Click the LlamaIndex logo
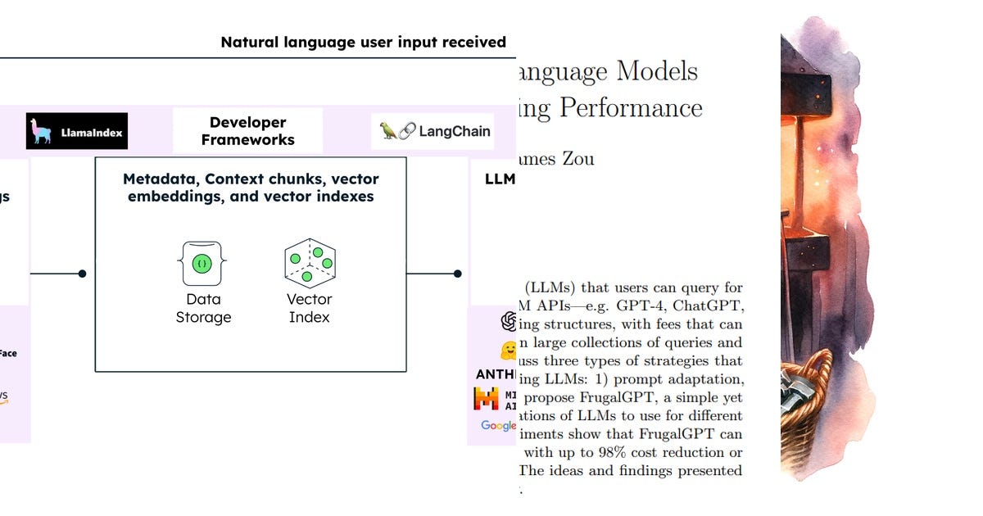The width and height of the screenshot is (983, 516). (x=77, y=131)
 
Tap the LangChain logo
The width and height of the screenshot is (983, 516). (x=434, y=131)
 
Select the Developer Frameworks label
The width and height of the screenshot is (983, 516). (x=247, y=131)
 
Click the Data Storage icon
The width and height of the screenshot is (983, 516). (x=200, y=263)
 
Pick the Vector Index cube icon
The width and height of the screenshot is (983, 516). (x=310, y=263)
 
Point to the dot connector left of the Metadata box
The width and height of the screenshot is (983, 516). (x=82, y=274)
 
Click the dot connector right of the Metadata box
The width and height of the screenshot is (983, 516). (x=457, y=274)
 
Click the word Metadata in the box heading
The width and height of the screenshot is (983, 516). (x=160, y=179)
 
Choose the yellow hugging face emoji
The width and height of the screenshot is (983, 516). (x=510, y=350)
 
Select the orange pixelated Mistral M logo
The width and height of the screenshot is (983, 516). (x=486, y=399)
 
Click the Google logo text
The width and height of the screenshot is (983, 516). (x=498, y=425)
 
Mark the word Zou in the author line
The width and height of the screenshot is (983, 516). (x=577, y=158)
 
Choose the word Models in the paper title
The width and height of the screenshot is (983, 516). (x=657, y=71)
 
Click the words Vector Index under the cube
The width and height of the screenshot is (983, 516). (x=310, y=308)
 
